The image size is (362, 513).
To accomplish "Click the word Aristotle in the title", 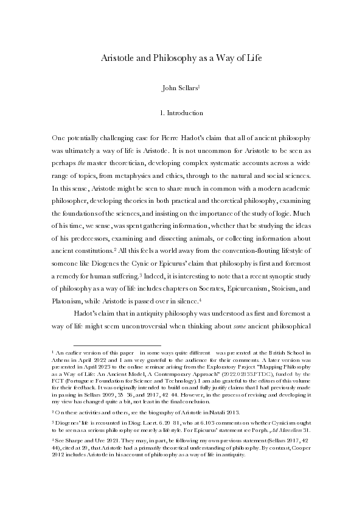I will [x=117, y=59].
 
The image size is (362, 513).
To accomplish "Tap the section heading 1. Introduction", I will [x=181, y=113].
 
